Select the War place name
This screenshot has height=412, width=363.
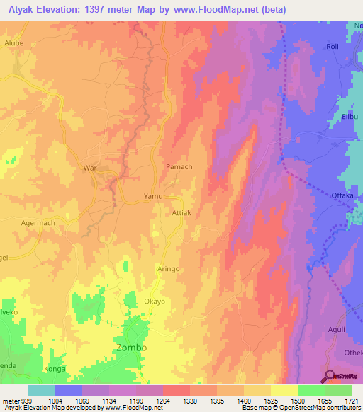point(90,168)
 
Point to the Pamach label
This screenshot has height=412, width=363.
point(179,167)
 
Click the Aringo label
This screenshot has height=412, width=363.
point(169,270)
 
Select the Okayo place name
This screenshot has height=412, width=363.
point(155,302)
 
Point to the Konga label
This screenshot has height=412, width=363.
point(55,370)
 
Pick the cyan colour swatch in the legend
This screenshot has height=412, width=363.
point(42,390)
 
